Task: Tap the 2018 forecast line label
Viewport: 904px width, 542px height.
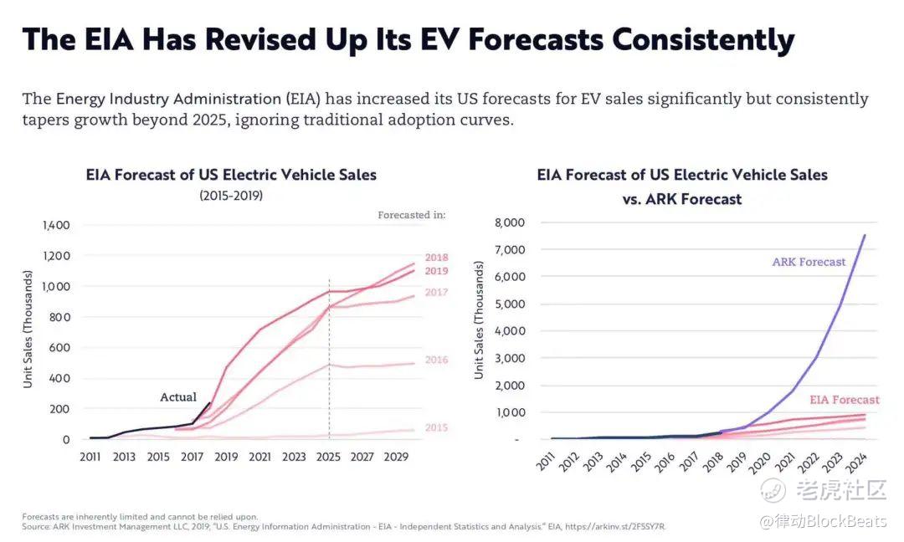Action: (x=436, y=258)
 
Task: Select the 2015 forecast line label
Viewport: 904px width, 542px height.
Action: (x=436, y=427)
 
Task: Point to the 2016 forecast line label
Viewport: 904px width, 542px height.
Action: (x=436, y=360)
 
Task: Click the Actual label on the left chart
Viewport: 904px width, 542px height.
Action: (x=178, y=397)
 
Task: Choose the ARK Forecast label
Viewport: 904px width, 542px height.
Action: (x=809, y=262)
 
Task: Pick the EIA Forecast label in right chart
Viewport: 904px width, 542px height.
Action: (x=844, y=400)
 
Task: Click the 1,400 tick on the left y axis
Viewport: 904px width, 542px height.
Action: (x=56, y=225)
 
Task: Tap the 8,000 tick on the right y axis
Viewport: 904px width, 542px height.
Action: (x=511, y=222)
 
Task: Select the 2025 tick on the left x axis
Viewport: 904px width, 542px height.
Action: (x=327, y=457)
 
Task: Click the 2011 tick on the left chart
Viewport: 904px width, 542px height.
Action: (x=90, y=457)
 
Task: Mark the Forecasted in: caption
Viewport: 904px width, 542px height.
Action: (x=411, y=215)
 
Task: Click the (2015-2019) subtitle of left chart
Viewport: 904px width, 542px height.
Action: (x=231, y=196)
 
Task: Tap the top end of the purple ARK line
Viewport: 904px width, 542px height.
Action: (x=865, y=235)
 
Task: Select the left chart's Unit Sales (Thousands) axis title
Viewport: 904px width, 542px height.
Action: (x=28, y=329)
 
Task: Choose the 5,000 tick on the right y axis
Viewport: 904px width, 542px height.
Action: (x=511, y=304)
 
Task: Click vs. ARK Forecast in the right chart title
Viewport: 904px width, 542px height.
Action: (x=681, y=200)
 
